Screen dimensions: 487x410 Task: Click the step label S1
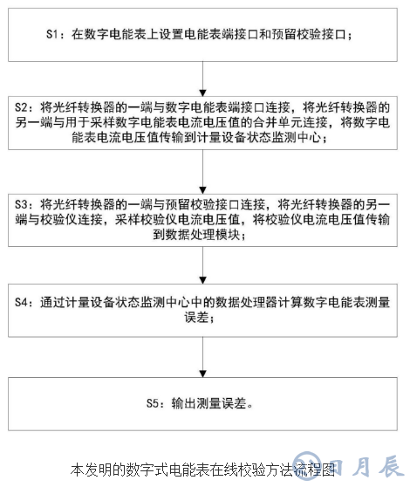(x=54, y=35)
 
